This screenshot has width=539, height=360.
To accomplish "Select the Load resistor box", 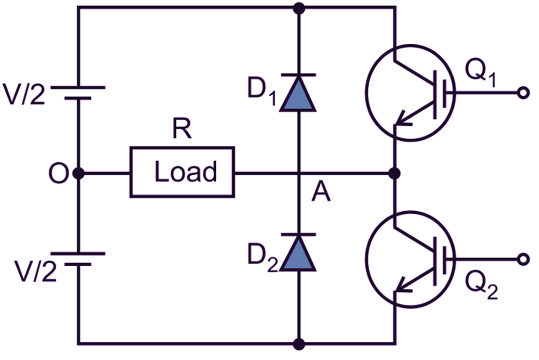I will click(x=182, y=172).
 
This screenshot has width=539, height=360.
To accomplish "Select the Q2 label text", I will click(x=480, y=289).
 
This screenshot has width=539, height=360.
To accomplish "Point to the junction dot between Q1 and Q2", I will click(x=395, y=172).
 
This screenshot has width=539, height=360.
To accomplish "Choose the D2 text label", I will click(x=263, y=259).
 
